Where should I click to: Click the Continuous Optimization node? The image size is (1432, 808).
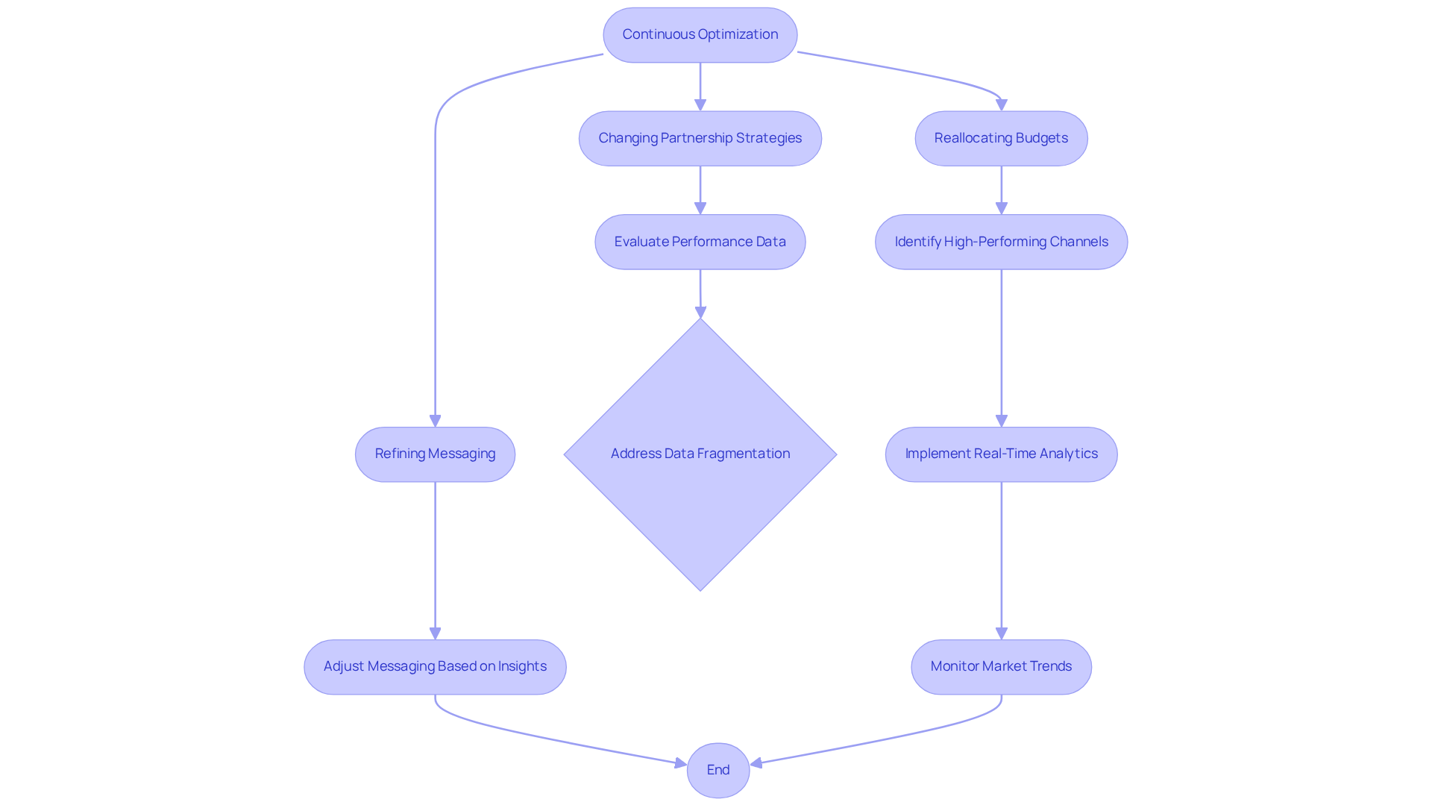tap(700, 35)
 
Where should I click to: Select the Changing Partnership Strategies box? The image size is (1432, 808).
tap(700, 139)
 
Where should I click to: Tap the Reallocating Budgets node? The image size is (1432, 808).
tap(1001, 139)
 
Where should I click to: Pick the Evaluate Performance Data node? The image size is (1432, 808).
tap(700, 242)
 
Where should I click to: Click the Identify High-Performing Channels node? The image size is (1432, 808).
tap(1001, 242)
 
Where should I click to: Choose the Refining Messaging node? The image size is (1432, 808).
tap(435, 454)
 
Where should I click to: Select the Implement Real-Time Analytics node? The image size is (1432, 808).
tap(1001, 454)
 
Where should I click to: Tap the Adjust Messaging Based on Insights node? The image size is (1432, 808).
tap(435, 666)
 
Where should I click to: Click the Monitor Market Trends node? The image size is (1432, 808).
tap(1001, 666)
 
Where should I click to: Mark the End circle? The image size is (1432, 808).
tap(717, 770)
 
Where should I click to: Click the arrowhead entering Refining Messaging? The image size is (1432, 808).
tap(435, 422)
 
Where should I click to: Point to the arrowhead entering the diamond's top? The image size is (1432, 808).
tap(700, 313)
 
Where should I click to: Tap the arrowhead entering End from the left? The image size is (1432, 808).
tap(680, 763)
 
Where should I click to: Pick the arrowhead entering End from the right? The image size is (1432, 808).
tap(756, 762)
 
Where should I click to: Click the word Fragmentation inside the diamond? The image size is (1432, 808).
tap(743, 454)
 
